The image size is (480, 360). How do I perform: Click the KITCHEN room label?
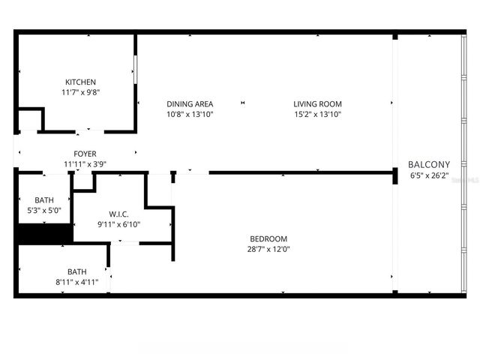pos(80,82)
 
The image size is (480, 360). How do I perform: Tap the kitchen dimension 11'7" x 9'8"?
pos(80,92)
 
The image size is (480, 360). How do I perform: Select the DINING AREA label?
pos(190,104)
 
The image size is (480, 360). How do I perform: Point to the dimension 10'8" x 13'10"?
pos(190,115)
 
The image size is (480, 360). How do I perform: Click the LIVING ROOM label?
pos(318,104)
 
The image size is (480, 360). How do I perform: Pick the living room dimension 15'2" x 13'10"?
pos(318,115)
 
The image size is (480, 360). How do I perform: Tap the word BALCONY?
pos(429,165)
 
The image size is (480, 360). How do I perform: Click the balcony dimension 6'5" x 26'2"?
pos(429,176)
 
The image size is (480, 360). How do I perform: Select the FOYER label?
pos(85,154)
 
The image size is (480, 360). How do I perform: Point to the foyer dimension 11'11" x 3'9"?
pos(85,164)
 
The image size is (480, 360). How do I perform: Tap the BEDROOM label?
pos(268,239)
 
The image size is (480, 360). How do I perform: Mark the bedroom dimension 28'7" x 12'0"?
pos(268,250)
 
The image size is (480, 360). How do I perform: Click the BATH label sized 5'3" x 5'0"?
pos(44,200)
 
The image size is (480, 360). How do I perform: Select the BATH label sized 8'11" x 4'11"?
pos(77,272)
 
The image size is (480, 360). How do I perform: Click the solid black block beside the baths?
pos(44,234)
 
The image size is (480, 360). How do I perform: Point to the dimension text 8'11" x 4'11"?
pos(77,283)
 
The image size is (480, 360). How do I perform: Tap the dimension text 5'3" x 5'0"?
pos(44,211)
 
